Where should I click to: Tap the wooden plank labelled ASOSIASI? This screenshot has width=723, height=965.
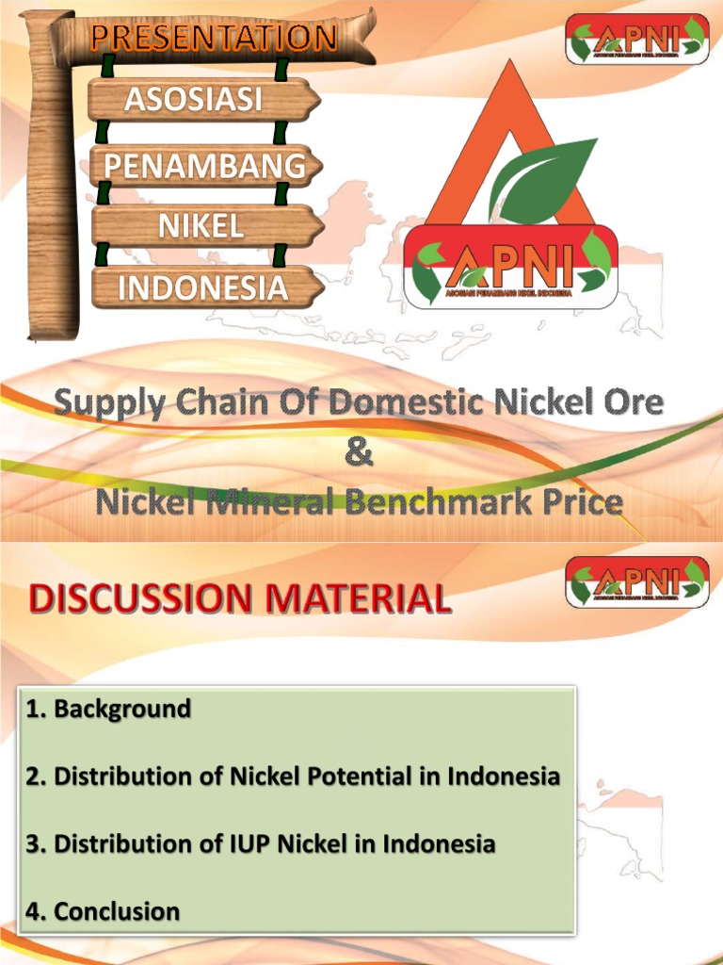(203, 100)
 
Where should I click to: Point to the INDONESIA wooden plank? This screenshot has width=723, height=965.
(203, 287)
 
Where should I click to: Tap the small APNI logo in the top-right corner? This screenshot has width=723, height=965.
(636, 39)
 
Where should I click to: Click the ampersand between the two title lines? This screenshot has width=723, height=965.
(359, 453)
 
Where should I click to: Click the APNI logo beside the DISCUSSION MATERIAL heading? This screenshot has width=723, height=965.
(636, 581)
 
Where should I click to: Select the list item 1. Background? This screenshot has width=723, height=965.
(108, 708)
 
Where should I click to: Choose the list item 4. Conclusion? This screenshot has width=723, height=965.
(103, 911)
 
